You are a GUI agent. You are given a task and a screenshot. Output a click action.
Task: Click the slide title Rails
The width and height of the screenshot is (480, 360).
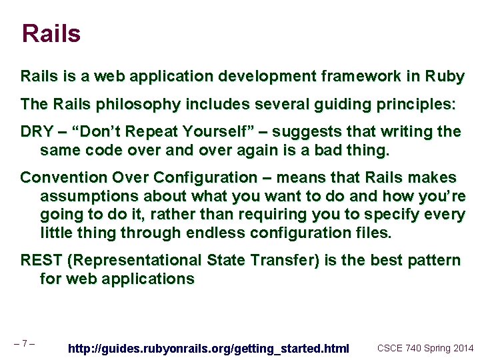51,34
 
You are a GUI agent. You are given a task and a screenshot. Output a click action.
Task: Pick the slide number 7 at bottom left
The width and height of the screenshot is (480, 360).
24,344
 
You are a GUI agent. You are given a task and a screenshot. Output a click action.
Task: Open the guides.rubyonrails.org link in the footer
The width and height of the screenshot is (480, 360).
209,349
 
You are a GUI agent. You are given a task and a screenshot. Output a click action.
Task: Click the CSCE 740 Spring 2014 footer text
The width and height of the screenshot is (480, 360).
425,348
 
